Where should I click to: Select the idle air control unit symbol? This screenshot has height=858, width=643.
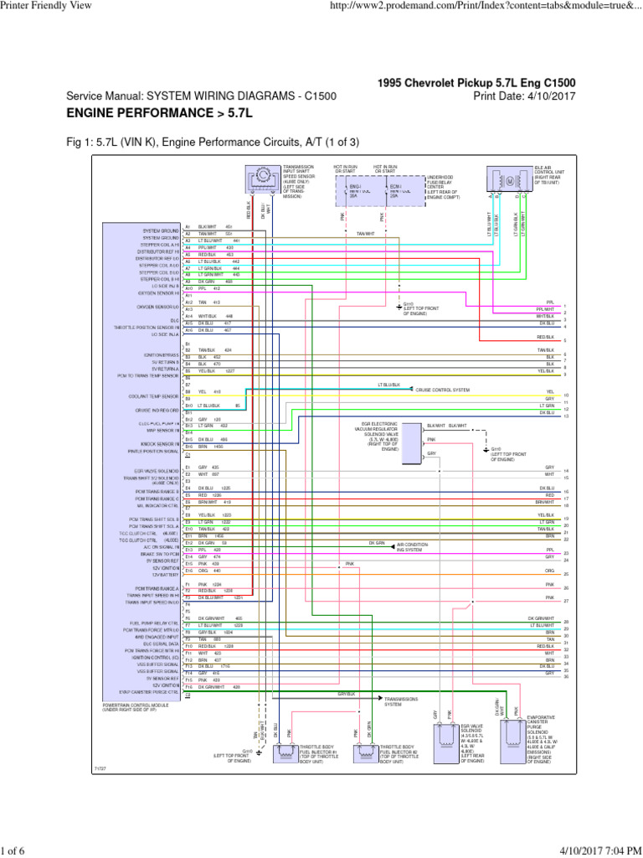coord(509,180)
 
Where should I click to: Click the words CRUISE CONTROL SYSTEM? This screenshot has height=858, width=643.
coord(443,390)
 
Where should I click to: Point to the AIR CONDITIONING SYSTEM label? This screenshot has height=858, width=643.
coord(410,547)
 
